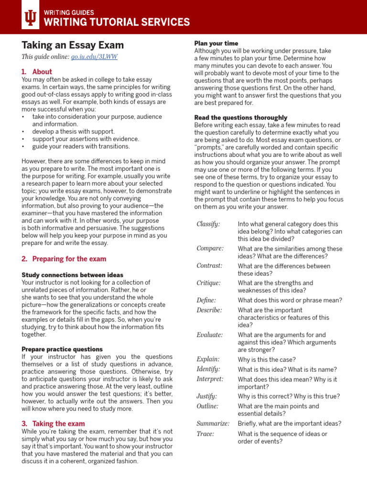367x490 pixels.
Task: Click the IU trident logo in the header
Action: tap(30, 18)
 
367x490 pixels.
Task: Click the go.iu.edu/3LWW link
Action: tap(94, 57)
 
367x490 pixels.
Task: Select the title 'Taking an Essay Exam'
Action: tap(73, 45)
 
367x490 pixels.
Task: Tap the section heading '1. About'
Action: tap(37, 72)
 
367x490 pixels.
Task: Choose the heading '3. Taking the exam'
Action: tap(53, 423)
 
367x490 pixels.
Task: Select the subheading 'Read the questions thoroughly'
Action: tap(241, 118)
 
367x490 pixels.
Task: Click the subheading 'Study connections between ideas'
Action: tap(72, 275)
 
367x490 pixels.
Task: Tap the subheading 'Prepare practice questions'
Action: tap(62, 349)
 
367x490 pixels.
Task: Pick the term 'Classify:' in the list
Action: tap(208, 224)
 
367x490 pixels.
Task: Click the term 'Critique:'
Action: tap(208, 283)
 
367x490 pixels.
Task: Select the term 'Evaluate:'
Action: tap(210, 335)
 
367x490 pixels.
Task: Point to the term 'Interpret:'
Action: tap(210, 379)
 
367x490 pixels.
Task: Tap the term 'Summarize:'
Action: tap(213, 423)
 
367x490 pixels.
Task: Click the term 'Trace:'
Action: tap(205, 434)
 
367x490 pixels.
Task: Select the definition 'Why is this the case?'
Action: tap(267, 360)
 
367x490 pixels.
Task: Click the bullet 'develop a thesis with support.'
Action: tap(74, 131)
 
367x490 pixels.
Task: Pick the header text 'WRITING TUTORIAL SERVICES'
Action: tap(117, 22)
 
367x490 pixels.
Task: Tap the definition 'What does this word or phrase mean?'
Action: tap(290, 301)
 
